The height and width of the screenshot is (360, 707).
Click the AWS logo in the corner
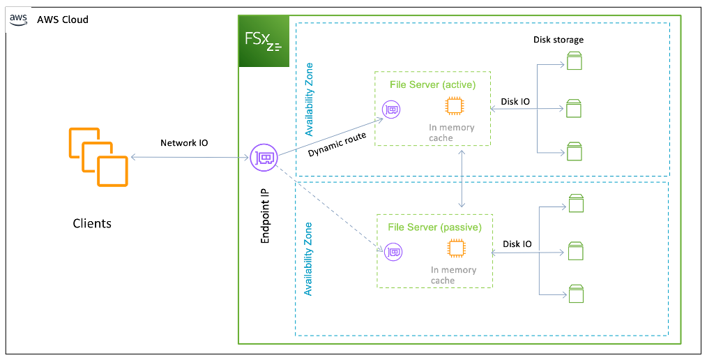point(18,19)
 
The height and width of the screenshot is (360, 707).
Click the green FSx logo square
point(264,42)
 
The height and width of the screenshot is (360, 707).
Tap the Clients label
point(92,224)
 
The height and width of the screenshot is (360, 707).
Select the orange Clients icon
point(98,158)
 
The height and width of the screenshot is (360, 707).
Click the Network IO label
point(184,143)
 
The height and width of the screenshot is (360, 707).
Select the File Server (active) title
point(432,85)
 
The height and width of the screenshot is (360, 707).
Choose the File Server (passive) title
point(434,227)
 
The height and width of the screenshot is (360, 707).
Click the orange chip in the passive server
point(456,248)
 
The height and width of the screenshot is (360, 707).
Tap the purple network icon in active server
point(391,110)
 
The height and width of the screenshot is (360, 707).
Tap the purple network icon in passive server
point(393,251)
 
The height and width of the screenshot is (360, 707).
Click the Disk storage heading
point(558,40)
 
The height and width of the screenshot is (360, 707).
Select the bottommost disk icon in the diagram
point(575,294)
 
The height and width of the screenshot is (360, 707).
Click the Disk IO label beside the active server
point(515,102)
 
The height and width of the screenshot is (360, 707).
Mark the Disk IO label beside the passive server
point(517,244)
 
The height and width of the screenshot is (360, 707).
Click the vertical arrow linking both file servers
point(462,179)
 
